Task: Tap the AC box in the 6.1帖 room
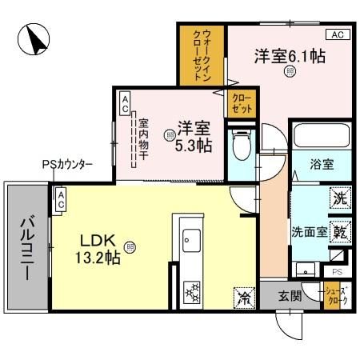coord(336,34)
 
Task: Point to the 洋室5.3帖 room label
coord(193,134)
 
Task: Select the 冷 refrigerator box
coord(242,296)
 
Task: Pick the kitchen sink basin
coord(192,239)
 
